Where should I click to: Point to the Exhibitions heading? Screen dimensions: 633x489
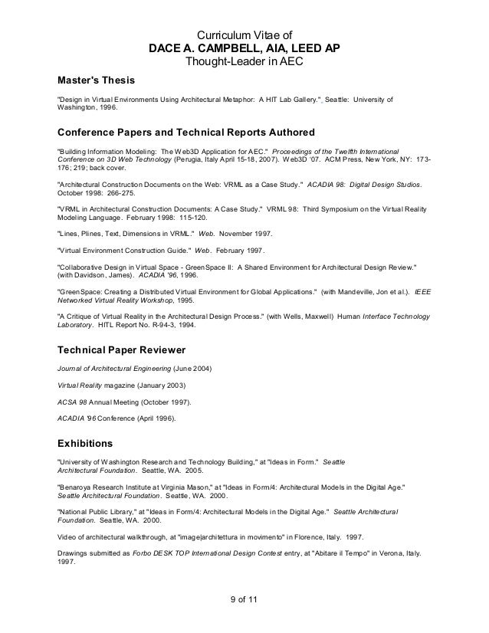(85, 442)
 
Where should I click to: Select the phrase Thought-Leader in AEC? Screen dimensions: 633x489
(244, 61)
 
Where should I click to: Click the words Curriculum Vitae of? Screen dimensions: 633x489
(244, 34)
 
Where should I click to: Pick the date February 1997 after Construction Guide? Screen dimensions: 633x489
(241, 251)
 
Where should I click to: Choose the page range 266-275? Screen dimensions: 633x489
(117, 195)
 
